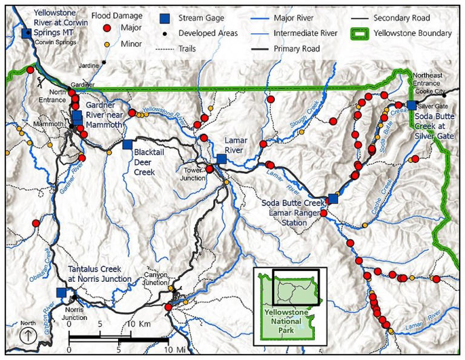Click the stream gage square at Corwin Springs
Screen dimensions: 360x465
click(x=26, y=34)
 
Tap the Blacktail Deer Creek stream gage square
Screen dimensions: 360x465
click(x=128, y=144)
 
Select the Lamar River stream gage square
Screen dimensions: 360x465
click(x=222, y=159)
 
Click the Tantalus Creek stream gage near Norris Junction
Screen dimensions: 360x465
click(x=61, y=292)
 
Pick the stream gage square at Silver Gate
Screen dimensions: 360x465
click(x=412, y=105)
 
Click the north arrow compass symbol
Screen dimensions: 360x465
click(x=27, y=335)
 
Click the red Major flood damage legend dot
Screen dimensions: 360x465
click(x=108, y=28)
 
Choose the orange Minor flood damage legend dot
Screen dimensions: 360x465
click(x=108, y=44)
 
